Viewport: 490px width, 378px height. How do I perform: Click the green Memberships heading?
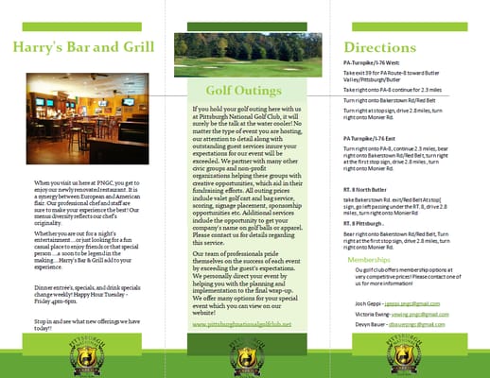point(368,258)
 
